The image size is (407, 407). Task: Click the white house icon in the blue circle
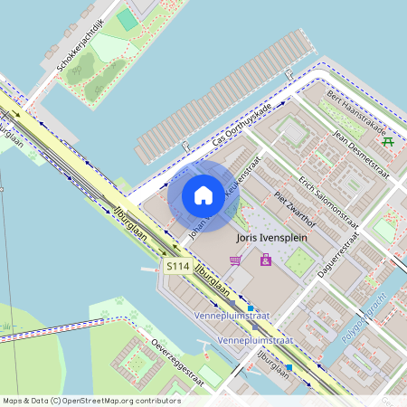pyautogui.click(x=203, y=195)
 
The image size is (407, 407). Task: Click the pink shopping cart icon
pyautogui.click(x=236, y=260)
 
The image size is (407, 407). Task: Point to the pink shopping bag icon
pyautogui.click(x=265, y=260)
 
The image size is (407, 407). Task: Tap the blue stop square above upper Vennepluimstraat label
pyautogui.click(x=251, y=308)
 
